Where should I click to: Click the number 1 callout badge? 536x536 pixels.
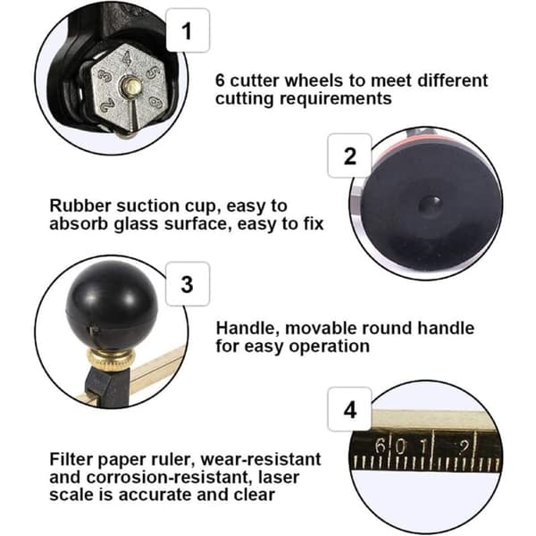click(x=188, y=30)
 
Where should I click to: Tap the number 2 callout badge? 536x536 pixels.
click(x=349, y=155)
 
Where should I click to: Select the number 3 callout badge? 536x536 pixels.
click(x=188, y=284)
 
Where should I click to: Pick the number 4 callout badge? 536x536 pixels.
click(x=349, y=409)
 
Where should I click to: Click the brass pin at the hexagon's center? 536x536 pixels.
click(x=130, y=86)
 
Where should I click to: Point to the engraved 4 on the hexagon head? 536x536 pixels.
click(x=127, y=57)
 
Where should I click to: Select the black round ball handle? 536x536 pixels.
click(x=112, y=305)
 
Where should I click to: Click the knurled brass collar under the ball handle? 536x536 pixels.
click(x=111, y=359)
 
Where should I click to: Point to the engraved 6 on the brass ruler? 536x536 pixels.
click(x=380, y=446)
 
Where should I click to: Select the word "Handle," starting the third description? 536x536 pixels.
click(x=246, y=329)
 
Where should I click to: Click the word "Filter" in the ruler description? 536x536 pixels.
click(x=71, y=459)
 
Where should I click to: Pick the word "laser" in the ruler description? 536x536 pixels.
click(x=279, y=477)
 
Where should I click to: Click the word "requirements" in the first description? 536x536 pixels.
click(x=336, y=99)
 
